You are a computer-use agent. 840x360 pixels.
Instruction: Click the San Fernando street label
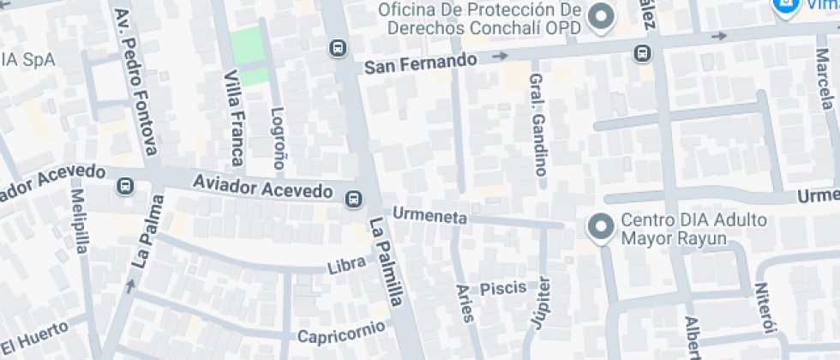(420, 63)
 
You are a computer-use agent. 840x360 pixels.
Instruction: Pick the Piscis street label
(503, 288)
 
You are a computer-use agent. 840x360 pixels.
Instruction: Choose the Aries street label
(465, 303)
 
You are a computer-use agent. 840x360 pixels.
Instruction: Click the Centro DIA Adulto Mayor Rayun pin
(601, 226)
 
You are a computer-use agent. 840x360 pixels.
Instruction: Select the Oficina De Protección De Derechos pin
(603, 17)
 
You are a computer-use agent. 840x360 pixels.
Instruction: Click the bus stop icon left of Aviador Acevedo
(125, 185)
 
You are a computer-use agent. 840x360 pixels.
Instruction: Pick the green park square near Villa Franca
(248, 57)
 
